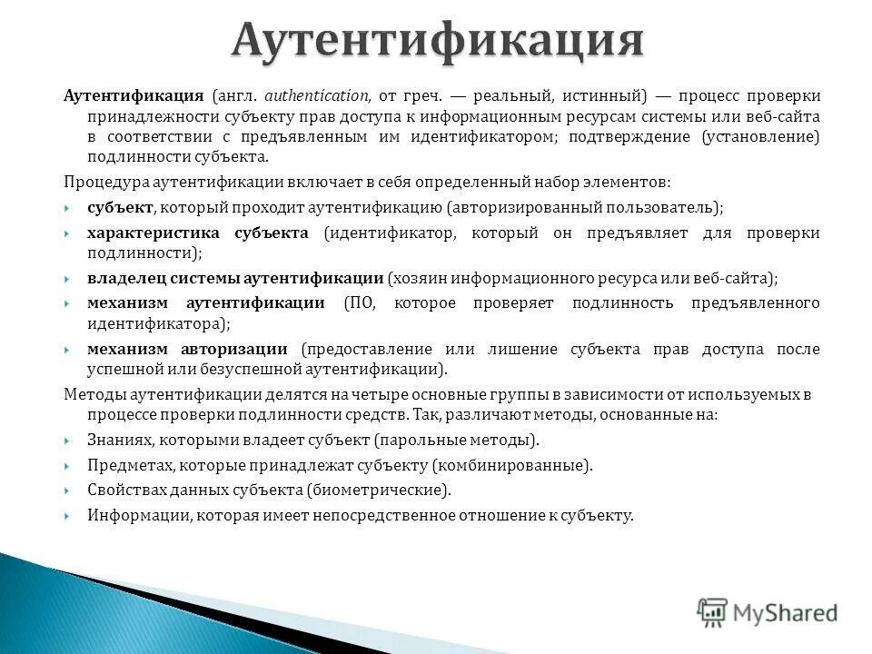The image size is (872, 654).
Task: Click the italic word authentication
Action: tap(317, 95)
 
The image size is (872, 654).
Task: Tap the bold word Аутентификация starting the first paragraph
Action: tap(133, 95)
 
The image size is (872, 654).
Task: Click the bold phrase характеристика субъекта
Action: tap(198, 233)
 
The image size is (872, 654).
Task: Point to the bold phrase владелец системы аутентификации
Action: tap(235, 278)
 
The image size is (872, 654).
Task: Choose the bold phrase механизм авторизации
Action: tap(187, 349)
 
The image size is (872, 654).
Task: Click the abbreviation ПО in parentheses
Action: tap(356, 302)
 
